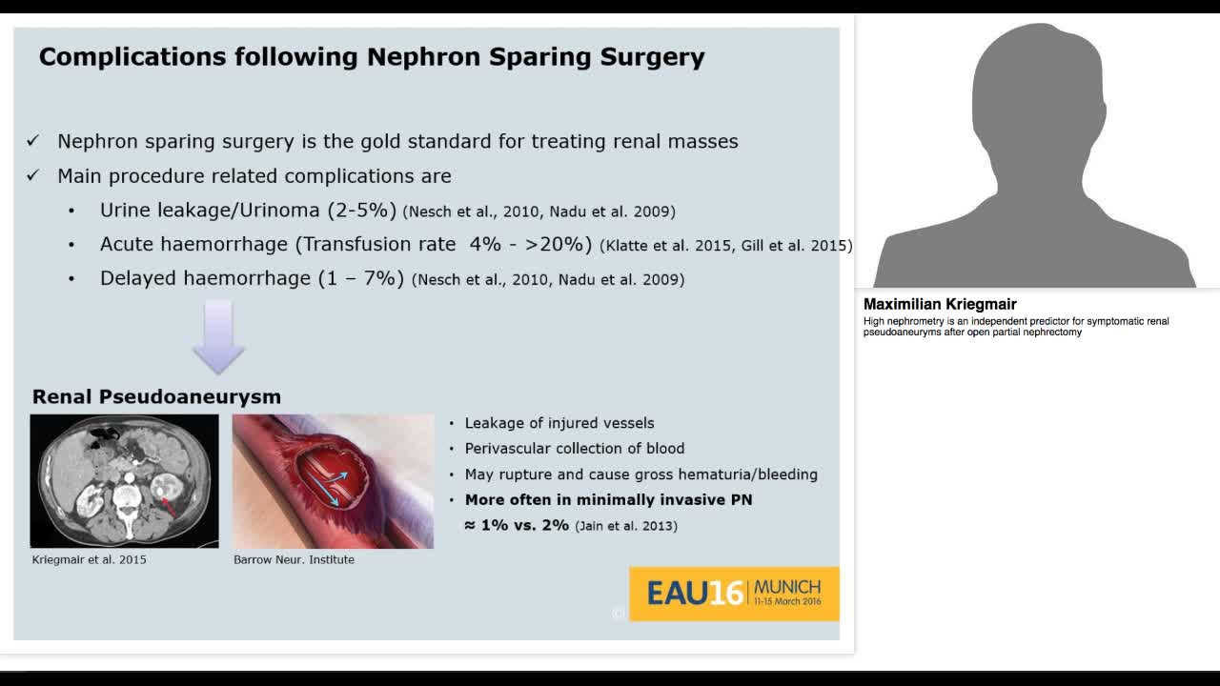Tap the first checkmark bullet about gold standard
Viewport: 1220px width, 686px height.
pos(32,141)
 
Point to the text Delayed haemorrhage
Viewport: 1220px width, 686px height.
pos(205,278)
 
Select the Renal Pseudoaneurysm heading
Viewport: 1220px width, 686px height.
pos(156,396)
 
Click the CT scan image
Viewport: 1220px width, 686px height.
pos(124,480)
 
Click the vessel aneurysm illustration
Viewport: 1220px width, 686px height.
pos(333,481)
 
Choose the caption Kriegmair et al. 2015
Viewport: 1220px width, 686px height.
pos(90,559)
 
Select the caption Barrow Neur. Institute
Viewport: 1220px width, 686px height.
pos(294,559)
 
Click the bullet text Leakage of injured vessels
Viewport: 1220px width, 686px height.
pos(559,423)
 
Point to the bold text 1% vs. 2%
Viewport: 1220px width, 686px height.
pos(517,525)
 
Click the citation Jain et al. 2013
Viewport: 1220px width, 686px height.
pos(626,526)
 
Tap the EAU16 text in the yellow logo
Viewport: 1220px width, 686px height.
pos(694,594)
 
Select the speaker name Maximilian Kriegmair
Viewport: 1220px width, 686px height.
pos(940,305)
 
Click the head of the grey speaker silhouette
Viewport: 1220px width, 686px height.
pos(1036,91)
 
